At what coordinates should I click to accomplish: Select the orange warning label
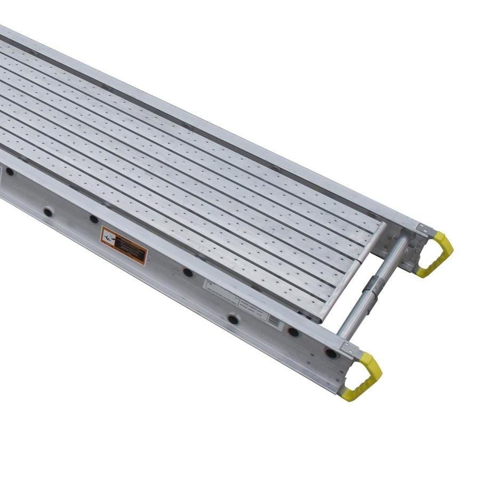coord(124,245)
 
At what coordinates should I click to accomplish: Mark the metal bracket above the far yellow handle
coord(424,230)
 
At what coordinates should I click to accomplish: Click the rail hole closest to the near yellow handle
coord(331,353)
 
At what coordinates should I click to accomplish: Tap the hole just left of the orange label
coord(94,219)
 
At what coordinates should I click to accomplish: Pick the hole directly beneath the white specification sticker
coord(234,319)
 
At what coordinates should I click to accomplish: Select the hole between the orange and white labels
coord(188,272)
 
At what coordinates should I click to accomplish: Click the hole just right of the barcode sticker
coord(293,332)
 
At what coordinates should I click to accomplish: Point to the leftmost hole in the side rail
coord(10,172)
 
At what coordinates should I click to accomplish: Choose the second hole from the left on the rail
coord(48,212)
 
